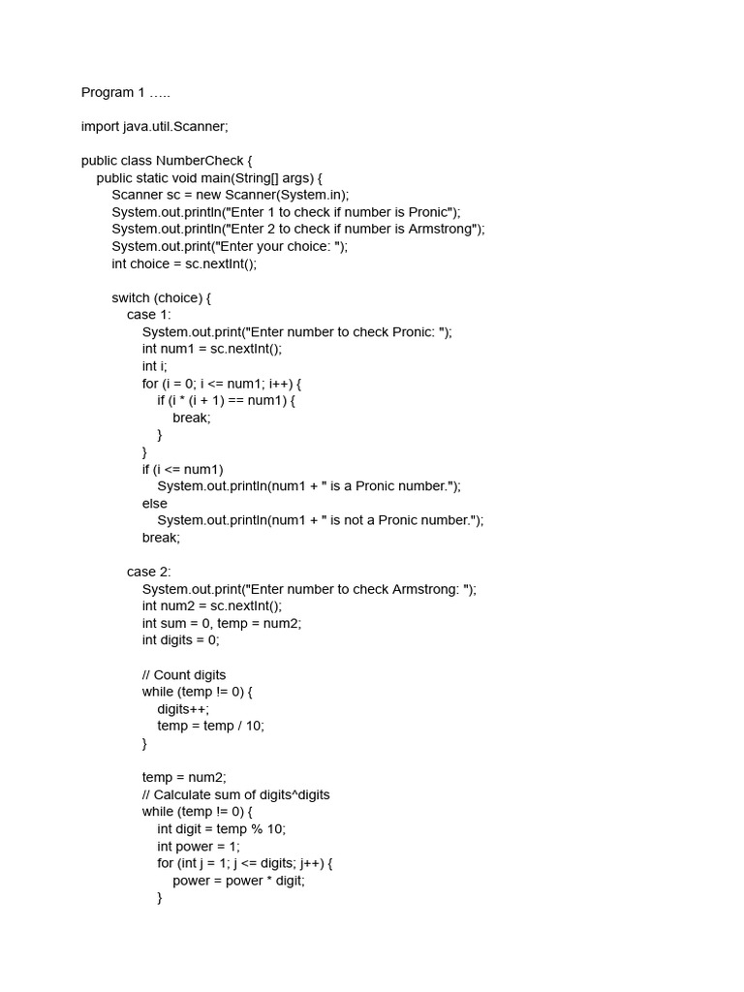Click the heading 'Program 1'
125,92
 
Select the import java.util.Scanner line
154,126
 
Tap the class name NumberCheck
210,161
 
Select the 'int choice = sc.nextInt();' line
184,263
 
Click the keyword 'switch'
131,297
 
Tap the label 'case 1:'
148,315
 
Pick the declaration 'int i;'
155,366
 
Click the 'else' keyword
154,504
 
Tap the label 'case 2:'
148,572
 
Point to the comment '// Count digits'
184,674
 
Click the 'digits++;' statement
183,709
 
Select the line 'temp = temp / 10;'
211,726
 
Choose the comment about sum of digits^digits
235,794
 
